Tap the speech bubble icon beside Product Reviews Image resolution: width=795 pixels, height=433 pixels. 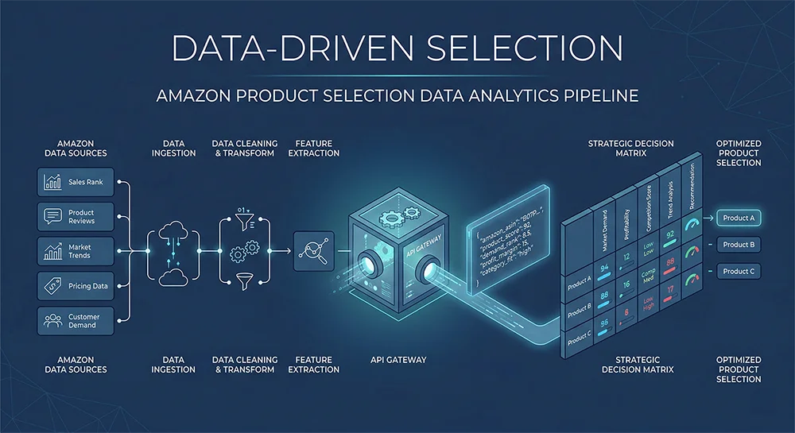[x=53, y=216]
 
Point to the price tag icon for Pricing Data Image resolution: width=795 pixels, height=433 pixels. [x=53, y=286]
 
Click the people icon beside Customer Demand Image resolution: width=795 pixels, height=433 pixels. [x=53, y=321]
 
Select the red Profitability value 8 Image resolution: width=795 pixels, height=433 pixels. [x=626, y=313]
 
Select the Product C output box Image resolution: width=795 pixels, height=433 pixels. [x=739, y=271]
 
